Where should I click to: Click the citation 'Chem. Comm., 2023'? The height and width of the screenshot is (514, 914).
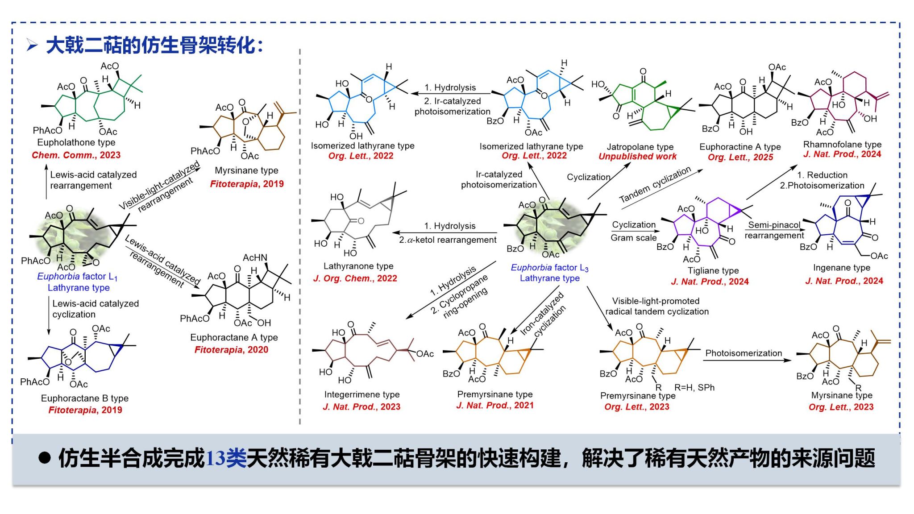click(x=76, y=155)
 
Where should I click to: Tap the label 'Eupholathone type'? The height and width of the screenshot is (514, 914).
click(x=76, y=142)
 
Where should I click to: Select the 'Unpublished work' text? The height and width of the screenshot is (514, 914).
click(x=637, y=157)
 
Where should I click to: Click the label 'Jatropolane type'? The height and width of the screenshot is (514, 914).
click(x=640, y=147)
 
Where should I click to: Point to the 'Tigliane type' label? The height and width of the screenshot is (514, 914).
click(x=713, y=271)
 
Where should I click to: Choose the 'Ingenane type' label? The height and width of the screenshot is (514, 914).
click(x=841, y=268)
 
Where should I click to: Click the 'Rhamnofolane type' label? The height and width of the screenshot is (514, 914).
click(x=842, y=145)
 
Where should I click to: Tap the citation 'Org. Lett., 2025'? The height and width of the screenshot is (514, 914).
click(x=740, y=157)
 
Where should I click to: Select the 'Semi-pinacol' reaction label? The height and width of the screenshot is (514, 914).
click(x=774, y=225)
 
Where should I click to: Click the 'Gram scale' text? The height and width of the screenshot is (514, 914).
click(x=633, y=238)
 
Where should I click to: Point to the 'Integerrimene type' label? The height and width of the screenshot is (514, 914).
click(x=361, y=394)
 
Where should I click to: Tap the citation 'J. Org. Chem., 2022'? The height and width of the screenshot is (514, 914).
click(x=355, y=278)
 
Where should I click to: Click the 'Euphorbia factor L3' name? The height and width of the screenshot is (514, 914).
click(x=549, y=268)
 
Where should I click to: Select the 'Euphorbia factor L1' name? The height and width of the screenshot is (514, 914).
click(x=77, y=277)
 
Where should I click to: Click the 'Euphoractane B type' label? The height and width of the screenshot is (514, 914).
click(x=84, y=398)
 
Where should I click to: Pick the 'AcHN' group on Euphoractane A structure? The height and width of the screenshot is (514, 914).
click(x=255, y=258)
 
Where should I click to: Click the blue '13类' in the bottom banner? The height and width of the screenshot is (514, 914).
click(x=226, y=458)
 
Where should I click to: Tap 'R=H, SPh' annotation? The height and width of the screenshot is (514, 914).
click(x=694, y=388)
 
